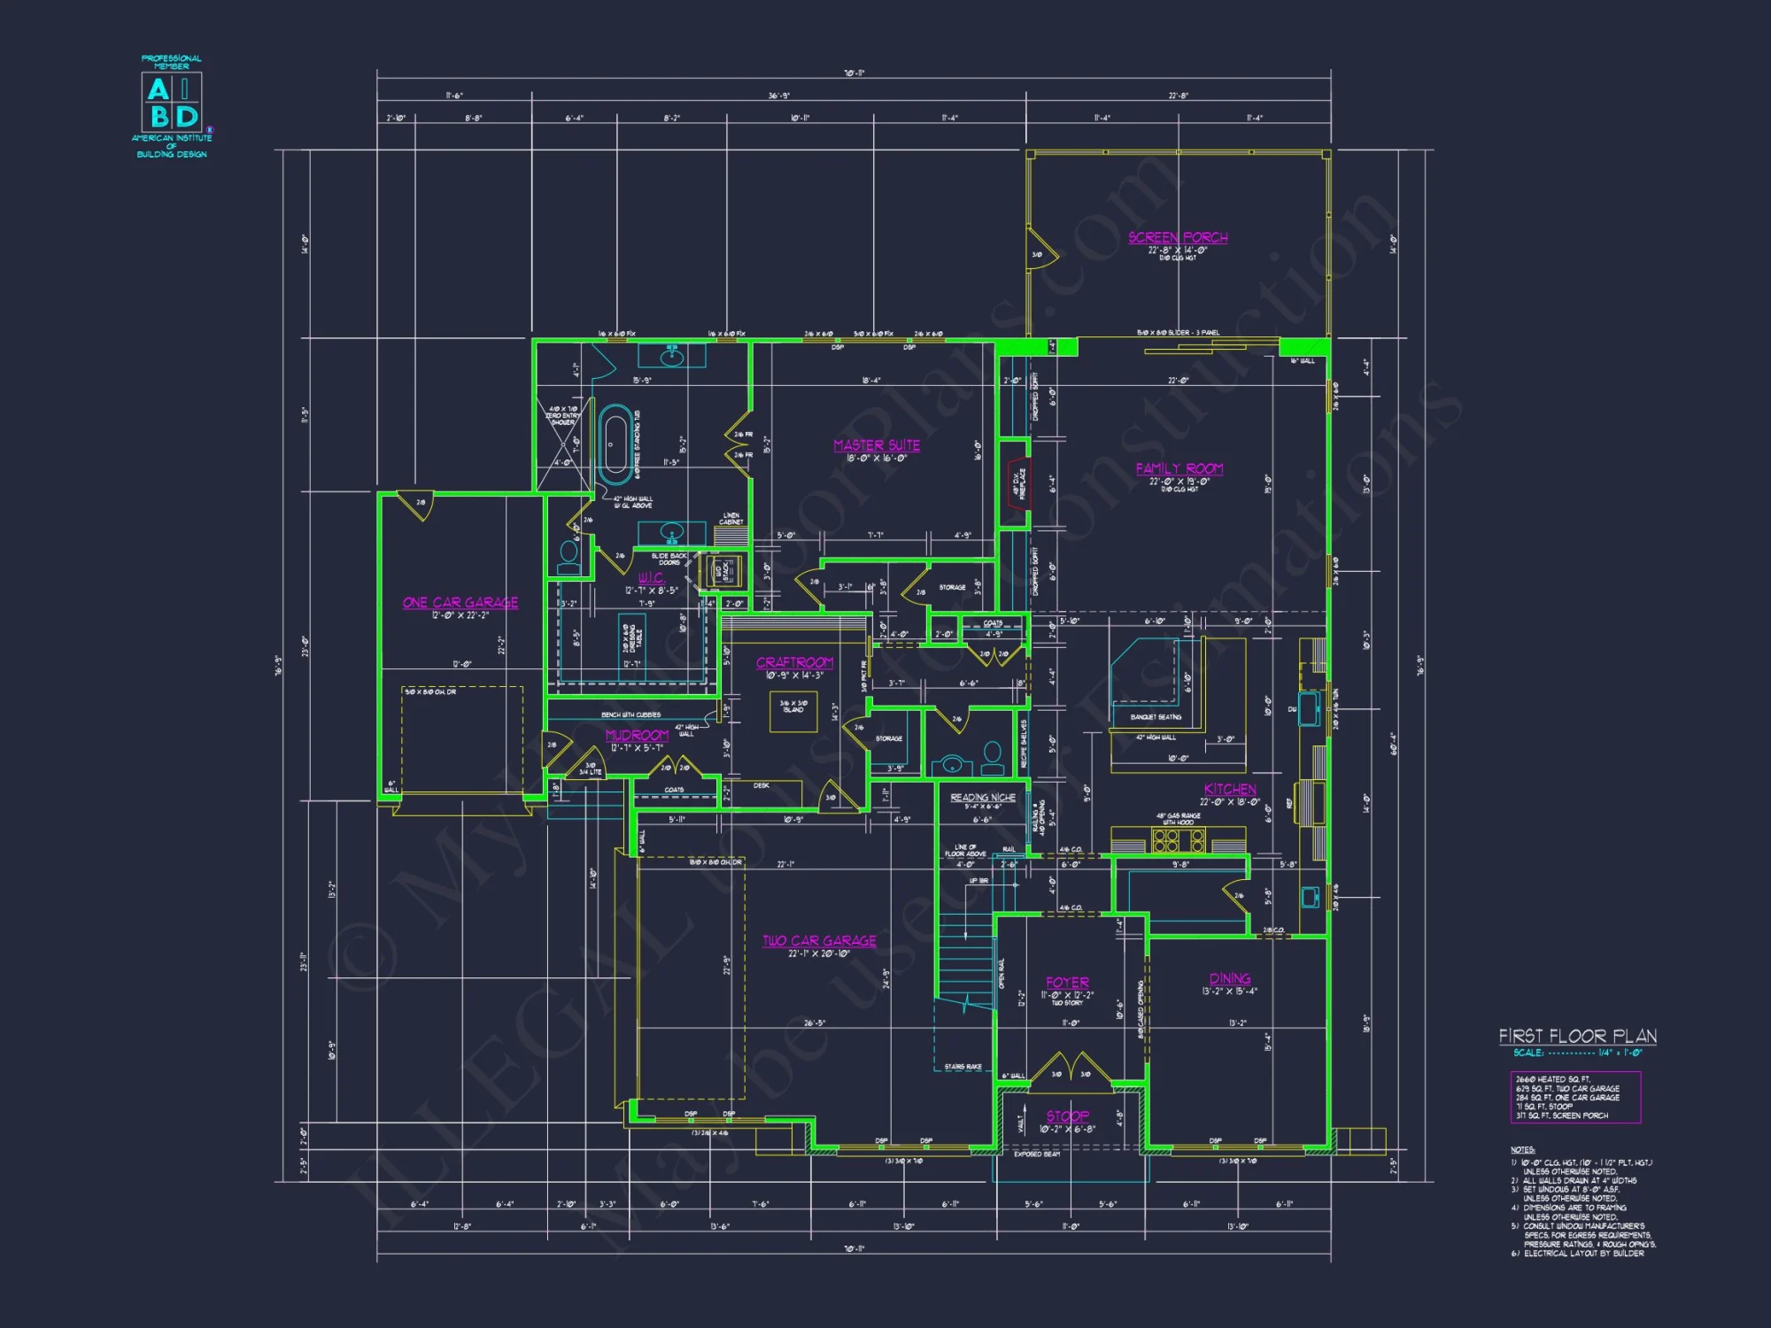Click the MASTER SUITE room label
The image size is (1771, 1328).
(877, 445)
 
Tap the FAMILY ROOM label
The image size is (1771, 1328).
(1179, 468)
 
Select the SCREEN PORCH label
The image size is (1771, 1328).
(1178, 237)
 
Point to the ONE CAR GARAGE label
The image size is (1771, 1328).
(460, 603)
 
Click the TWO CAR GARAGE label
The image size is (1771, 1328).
(819, 940)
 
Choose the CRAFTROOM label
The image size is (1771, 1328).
(794, 662)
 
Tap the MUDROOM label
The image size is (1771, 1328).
(637, 735)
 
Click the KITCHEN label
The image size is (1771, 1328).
(1230, 789)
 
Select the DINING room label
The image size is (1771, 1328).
(1230, 978)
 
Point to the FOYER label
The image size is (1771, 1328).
(1067, 982)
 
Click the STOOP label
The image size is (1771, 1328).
(1067, 1116)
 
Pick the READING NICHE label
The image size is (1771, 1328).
(982, 797)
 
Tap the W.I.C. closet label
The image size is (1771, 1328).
(651, 578)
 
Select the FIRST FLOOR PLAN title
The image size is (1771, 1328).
(1577, 1036)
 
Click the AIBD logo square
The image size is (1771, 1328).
(172, 102)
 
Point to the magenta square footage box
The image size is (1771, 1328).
(1575, 1097)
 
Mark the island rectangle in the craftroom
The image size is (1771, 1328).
(793, 712)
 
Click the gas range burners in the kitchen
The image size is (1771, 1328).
(1171, 838)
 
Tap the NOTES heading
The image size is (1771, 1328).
(1522, 1149)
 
